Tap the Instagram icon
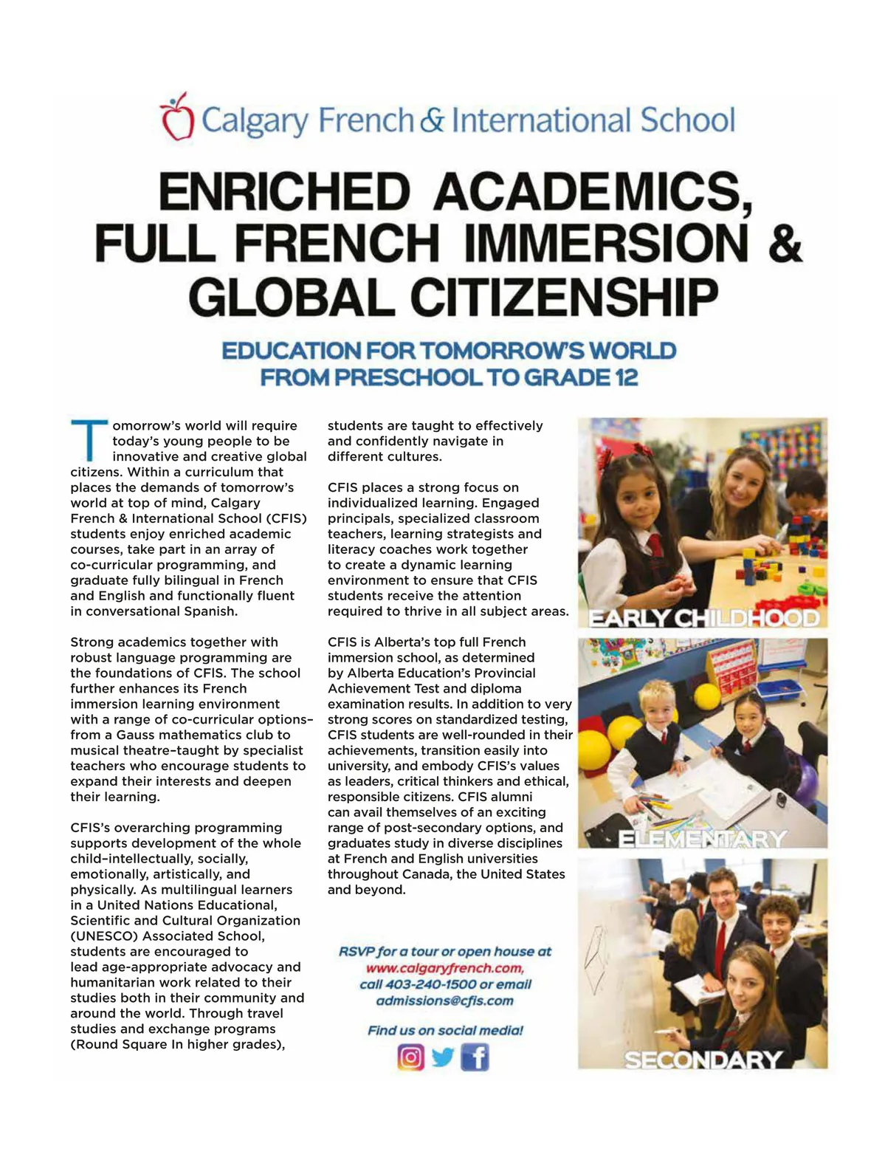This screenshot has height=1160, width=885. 411,1057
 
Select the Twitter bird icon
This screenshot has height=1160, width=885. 443,1057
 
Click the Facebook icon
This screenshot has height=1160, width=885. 475,1057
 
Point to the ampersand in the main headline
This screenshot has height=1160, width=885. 785,244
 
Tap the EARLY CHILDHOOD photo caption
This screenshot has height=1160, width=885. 703,618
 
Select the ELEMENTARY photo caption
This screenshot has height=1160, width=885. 702,839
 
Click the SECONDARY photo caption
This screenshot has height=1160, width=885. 703,1060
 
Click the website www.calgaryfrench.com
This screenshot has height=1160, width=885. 444,968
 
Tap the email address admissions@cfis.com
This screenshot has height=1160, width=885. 444,1001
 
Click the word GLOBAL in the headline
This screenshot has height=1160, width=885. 292,297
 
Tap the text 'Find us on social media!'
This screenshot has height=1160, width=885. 445,1030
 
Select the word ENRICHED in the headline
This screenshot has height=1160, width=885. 284,191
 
